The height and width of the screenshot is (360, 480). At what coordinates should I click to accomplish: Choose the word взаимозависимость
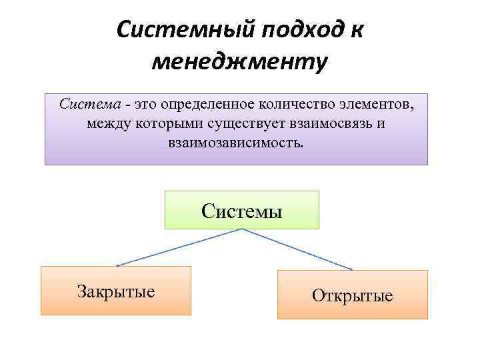pyautogui.click(x=236, y=143)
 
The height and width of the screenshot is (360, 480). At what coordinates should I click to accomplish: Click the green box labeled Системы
pyautogui.click(x=242, y=210)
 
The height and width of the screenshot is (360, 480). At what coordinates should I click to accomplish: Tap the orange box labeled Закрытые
pyautogui.click(x=116, y=291)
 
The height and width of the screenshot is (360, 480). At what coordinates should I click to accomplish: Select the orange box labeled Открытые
pyautogui.click(x=353, y=295)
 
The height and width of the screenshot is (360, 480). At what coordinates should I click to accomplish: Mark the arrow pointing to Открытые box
pyautogui.click(x=297, y=249)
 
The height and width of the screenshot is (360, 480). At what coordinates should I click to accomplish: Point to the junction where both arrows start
pyautogui.click(x=241, y=229)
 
